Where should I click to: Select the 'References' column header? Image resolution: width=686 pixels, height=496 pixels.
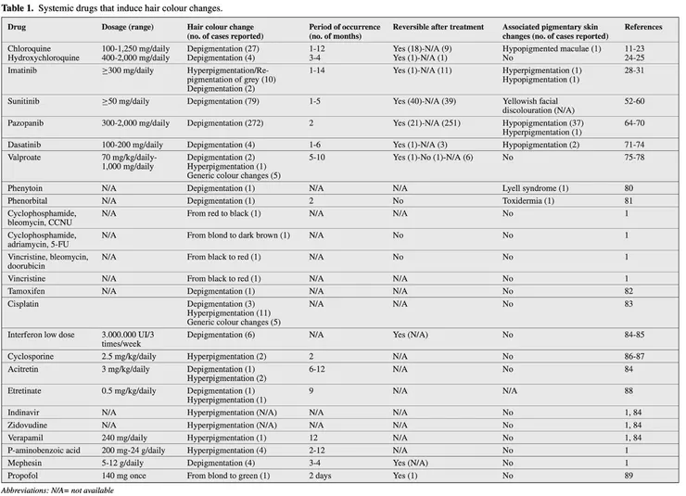point(642,28)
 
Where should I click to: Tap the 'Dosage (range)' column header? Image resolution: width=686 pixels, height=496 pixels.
point(128,28)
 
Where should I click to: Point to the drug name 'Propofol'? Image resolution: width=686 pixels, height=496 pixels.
point(24,474)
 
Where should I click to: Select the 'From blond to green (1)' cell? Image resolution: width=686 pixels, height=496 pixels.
point(228,474)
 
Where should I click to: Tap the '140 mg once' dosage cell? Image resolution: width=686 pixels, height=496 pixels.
point(123,474)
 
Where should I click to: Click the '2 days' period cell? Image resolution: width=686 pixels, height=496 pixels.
point(322,474)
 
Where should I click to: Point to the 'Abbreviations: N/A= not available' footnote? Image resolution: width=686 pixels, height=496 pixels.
point(58,489)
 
